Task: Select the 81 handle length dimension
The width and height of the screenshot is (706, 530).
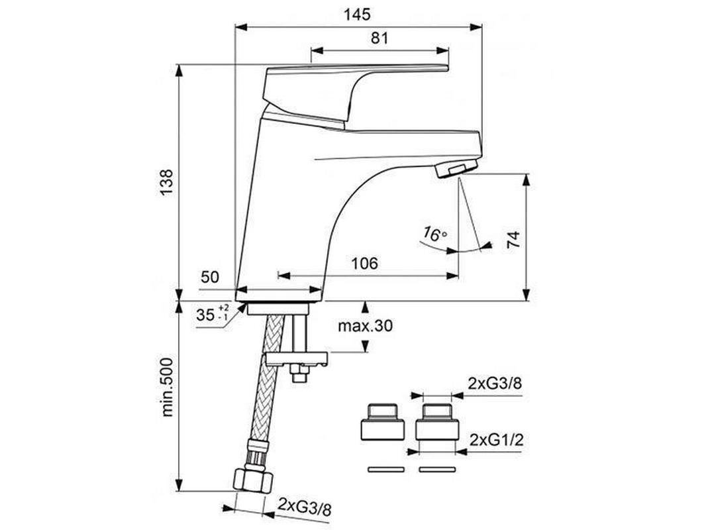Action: coord(379,38)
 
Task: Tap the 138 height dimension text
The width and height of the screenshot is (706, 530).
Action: coord(167,182)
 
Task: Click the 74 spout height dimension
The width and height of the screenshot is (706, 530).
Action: coord(513,240)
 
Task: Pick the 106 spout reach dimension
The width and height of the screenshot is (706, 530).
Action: coord(364,263)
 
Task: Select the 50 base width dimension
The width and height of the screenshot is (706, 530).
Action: coord(210,276)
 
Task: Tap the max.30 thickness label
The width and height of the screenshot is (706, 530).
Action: coord(365,325)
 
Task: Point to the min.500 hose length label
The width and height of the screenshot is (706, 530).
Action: coord(167,388)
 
